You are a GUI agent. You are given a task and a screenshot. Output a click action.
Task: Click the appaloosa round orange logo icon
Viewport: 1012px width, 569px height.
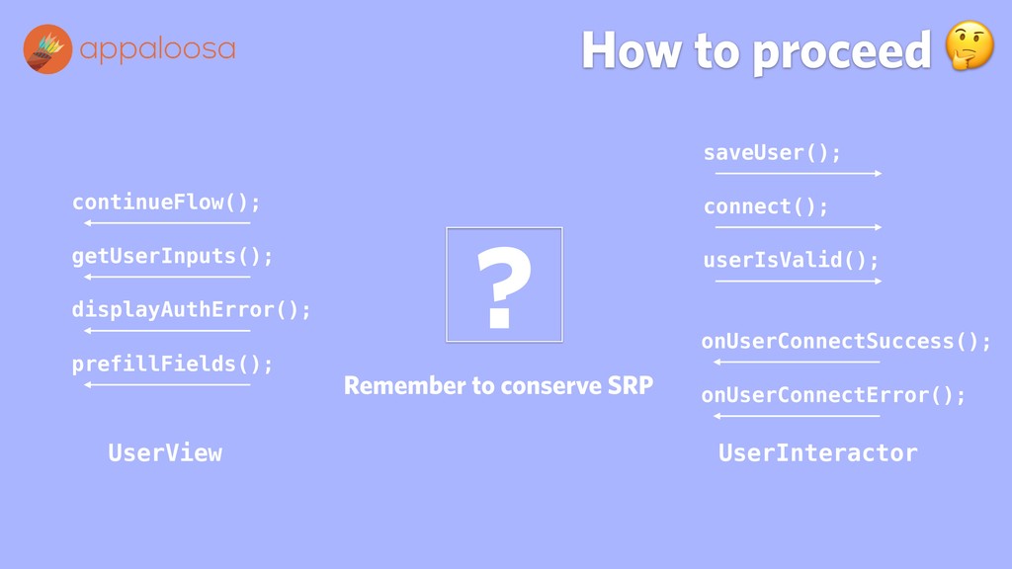coord(47,49)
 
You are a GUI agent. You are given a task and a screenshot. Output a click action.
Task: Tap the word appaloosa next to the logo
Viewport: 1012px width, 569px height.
coord(157,49)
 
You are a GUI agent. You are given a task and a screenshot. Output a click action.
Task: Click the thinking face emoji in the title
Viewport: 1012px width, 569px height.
coord(970,45)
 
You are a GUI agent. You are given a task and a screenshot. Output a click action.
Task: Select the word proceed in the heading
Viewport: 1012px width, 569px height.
coord(842,51)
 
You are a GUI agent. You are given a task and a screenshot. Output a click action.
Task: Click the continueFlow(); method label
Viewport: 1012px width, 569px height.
coord(166,202)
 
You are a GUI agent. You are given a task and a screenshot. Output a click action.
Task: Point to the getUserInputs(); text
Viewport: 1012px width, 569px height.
coord(172,256)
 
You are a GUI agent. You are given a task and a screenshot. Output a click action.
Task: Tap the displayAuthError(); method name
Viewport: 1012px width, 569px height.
coord(191,309)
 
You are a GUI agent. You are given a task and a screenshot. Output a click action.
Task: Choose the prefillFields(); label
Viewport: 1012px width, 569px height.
coord(172,364)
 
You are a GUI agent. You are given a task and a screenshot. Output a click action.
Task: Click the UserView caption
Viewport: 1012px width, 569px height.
coord(165,452)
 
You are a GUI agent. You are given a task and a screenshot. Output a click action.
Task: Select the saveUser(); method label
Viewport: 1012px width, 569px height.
coord(772,153)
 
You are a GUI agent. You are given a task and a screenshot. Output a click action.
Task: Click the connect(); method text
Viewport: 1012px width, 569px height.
coord(766,206)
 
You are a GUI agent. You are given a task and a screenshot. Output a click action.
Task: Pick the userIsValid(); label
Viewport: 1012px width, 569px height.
coord(791,260)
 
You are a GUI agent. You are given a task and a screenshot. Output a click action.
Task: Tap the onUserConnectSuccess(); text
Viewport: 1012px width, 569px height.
coord(846,341)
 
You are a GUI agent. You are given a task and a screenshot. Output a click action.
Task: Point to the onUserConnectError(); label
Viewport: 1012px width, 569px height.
coord(833,395)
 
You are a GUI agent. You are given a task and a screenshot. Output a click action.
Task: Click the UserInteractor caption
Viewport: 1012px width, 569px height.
coord(817,452)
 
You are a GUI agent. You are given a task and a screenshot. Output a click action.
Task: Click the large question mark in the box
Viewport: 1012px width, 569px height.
coord(504,286)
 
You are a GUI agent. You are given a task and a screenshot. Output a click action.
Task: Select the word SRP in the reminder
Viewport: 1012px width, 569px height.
coord(631,385)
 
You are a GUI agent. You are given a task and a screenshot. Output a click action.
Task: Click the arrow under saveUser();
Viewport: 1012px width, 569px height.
coord(799,174)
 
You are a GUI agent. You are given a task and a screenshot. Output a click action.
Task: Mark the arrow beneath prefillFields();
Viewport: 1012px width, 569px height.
coord(167,385)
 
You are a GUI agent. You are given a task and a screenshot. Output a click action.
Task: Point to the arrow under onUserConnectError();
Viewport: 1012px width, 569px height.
coord(797,416)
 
